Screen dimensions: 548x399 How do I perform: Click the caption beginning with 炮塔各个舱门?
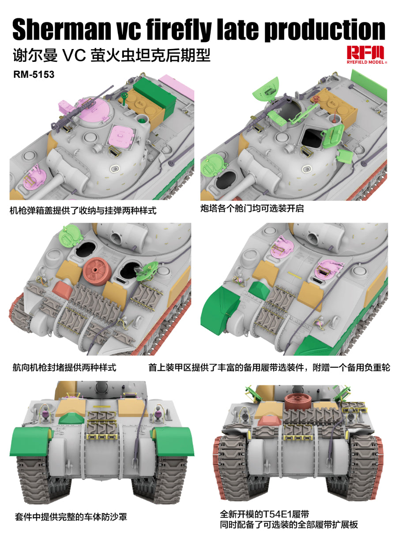click(x=252, y=209)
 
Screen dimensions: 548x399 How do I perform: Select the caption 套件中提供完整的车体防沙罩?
click(x=71, y=516)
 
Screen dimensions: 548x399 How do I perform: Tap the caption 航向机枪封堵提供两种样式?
click(x=64, y=367)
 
